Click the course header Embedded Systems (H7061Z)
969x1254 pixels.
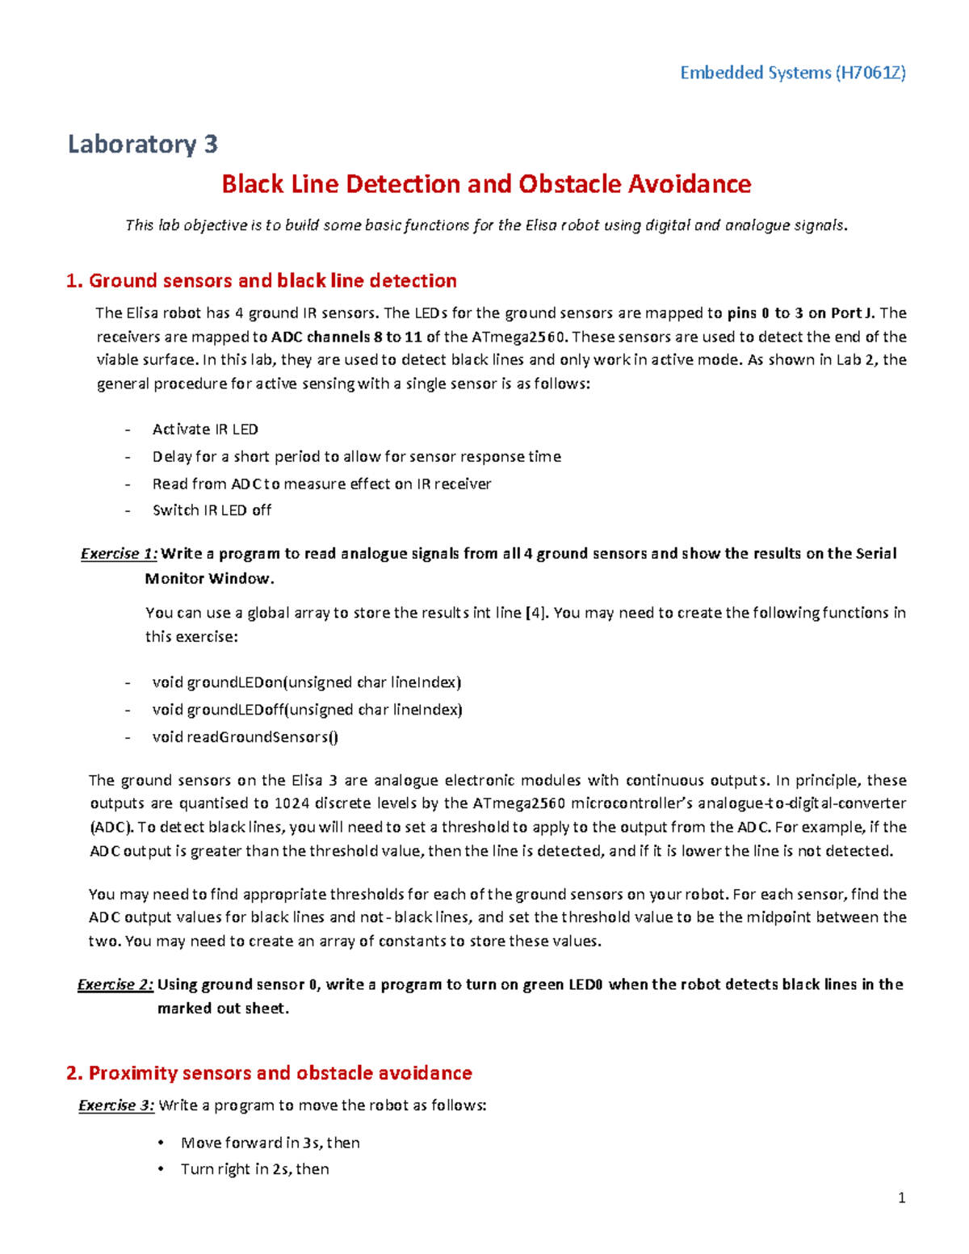pyautogui.click(x=792, y=73)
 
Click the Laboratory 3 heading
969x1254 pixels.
pyautogui.click(x=143, y=144)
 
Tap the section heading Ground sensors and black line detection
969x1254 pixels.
pyautogui.click(x=272, y=280)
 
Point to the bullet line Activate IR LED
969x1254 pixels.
pyautogui.click(x=205, y=429)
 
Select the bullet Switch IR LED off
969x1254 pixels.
pyautogui.click(x=212, y=510)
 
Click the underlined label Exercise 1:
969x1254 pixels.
pyautogui.click(x=119, y=553)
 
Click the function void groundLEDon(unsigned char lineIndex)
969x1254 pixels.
pyautogui.click(x=307, y=682)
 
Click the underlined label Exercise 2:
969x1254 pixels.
pyautogui.click(x=115, y=984)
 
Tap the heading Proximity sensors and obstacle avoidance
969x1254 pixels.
pyautogui.click(x=279, y=1072)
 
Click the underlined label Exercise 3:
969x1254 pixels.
pyautogui.click(x=116, y=1105)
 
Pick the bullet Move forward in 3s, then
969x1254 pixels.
pyautogui.click(x=271, y=1143)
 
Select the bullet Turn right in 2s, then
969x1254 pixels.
pyautogui.click(x=254, y=1168)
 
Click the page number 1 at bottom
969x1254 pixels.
pyautogui.click(x=901, y=1198)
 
